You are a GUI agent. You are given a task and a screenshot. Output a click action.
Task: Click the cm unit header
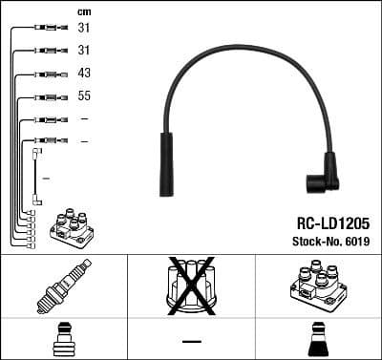(x=82, y=11)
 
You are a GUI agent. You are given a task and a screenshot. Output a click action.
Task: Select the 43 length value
(x=84, y=74)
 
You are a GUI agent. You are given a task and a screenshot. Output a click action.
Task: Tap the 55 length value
(x=84, y=96)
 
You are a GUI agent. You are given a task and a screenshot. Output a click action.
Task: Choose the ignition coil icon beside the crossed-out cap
(x=316, y=284)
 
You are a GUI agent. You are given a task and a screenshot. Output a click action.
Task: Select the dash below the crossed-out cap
(x=191, y=341)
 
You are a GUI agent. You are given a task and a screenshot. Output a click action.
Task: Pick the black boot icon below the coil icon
(x=317, y=340)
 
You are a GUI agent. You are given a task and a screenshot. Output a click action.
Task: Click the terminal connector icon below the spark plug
(x=63, y=340)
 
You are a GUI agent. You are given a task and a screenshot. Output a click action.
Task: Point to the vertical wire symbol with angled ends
(x=37, y=176)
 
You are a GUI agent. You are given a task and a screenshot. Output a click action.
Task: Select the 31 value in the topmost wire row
(x=84, y=28)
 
